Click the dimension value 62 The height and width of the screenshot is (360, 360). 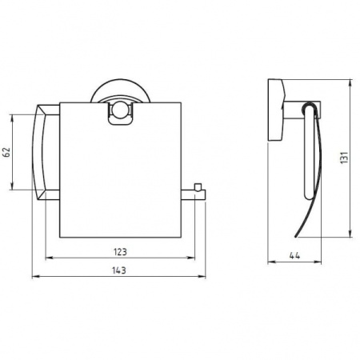(6, 152)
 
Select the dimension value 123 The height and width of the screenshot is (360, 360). (120, 252)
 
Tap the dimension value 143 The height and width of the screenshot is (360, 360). (119, 270)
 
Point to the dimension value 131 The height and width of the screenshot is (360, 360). (345, 158)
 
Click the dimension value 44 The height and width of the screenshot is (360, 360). (294, 256)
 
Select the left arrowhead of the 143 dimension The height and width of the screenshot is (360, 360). (36, 277)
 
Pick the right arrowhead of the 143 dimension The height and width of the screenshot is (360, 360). (202, 277)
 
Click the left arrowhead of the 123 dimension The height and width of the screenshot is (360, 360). (50, 258)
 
